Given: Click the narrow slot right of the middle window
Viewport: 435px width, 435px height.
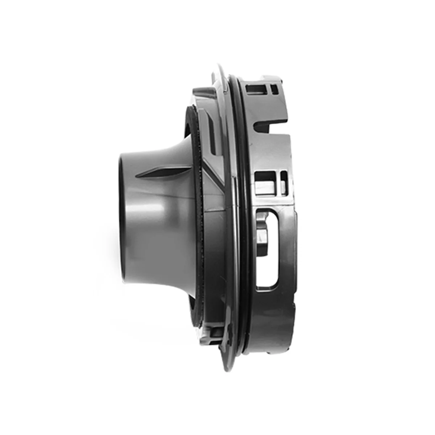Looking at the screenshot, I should tap(284, 178).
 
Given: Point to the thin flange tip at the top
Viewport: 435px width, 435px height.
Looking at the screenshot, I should tap(218, 67).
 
